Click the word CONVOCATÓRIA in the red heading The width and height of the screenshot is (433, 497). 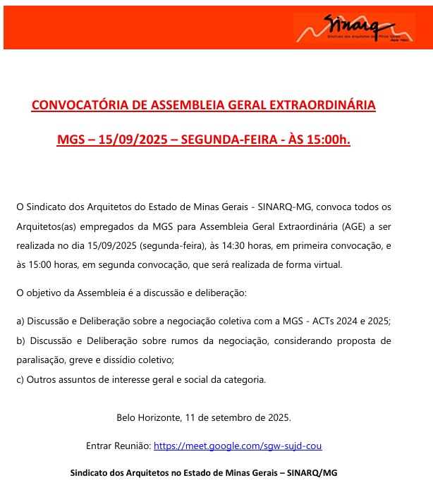pos(79,106)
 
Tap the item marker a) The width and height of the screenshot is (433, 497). pos(20,321)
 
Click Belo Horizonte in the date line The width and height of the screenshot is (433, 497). pos(147,417)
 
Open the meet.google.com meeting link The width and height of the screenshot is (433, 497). pos(238,446)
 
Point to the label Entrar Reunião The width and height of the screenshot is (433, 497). pos(117,446)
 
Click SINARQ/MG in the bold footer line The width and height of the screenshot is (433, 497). pos(312,472)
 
